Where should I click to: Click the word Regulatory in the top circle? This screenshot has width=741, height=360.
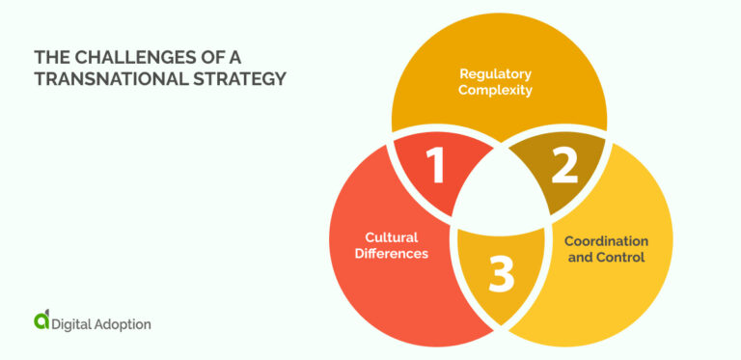pos(496,73)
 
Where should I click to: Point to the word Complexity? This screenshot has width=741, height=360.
pos(496,91)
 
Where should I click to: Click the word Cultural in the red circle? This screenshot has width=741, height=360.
pos(391,236)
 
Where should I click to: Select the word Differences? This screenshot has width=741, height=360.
pos(391,253)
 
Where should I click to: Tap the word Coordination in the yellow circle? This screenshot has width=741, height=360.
pos(606,240)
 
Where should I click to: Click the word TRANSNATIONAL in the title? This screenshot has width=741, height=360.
pos(108,79)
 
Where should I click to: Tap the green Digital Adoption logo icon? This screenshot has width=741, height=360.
pos(41,321)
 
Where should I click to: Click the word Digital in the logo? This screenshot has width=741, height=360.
pos(75,324)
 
